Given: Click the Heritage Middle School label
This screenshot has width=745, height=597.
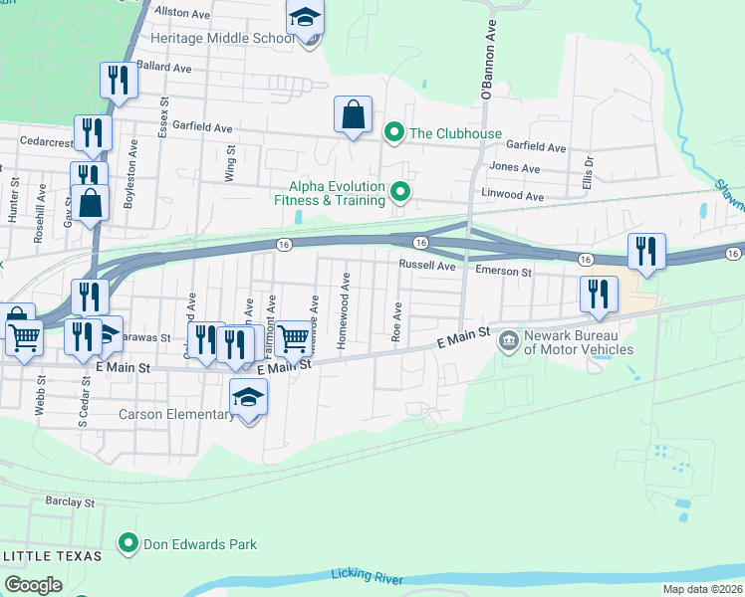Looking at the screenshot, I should tap(221, 39).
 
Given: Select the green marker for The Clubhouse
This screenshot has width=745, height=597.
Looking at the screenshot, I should tap(394, 132).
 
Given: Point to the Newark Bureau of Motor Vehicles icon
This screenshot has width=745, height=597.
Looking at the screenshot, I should tap(509, 340).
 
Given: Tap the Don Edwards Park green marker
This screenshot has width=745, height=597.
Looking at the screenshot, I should tap(127, 543).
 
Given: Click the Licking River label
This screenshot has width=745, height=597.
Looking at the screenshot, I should tap(371, 577).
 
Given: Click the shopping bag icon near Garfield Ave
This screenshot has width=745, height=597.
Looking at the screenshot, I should tap(354, 114).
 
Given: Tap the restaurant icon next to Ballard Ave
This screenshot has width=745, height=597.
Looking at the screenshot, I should tap(120, 81).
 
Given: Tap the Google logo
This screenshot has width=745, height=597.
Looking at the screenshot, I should tap(33, 585).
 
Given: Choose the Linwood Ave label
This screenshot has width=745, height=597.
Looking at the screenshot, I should tap(519, 197).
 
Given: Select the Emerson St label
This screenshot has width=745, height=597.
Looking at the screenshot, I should tap(503, 271).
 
